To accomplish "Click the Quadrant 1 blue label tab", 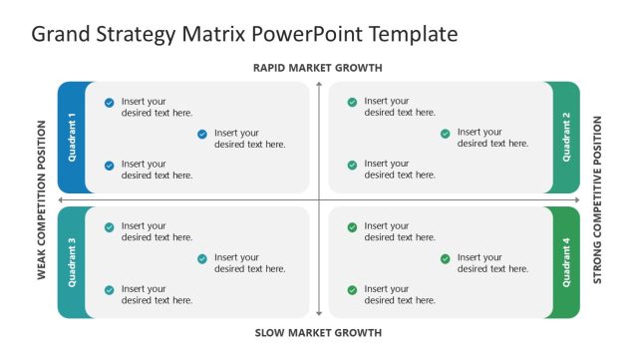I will tap(72, 137).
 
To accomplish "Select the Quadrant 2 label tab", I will tap(566, 137).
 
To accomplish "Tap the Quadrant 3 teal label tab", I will tap(72, 262).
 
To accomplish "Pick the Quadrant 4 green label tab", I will tap(566, 262).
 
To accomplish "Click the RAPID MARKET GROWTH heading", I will tap(318, 68).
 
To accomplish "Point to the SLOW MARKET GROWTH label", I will tap(318, 333).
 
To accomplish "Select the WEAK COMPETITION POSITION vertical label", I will tap(42, 200).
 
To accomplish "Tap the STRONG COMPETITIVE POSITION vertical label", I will tap(597, 200).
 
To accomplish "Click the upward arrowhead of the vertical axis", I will tap(319, 84).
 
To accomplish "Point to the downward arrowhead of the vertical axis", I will tap(319, 315).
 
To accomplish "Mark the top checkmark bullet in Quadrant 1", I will tap(109, 102).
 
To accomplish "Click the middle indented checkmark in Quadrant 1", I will tap(202, 134).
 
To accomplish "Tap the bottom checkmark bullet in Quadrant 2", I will tap(352, 165).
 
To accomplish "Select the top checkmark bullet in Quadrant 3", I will tap(109, 227).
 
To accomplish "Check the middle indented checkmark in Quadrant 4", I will tap(446, 258).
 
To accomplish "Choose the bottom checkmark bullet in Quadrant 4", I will tap(352, 290).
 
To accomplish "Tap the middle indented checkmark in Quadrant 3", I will tap(202, 258).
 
